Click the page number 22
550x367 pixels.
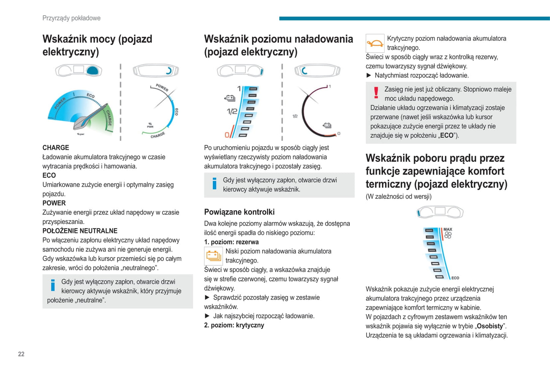(21, 354)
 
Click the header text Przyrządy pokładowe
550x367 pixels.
(72, 18)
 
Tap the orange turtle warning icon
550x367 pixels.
(375, 43)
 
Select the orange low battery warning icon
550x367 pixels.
(214, 256)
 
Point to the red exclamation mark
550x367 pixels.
(376, 93)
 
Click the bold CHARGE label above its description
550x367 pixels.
(56, 148)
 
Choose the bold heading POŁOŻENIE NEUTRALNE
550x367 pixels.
(80, 231)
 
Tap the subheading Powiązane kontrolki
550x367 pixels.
(239, 212)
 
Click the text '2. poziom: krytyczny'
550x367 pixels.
(234, 325)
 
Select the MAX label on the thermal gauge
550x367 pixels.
(448, 229)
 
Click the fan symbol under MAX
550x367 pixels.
(448, 235)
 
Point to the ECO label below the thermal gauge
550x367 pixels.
(455, 278)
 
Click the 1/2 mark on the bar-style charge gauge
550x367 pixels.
(232, 112)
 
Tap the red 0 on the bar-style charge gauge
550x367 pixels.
(227, 135)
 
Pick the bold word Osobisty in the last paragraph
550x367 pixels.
(490, 326)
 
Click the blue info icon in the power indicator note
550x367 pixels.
(53, 285)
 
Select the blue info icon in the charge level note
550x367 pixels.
(214, 183)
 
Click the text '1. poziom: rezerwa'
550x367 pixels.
(231, 242)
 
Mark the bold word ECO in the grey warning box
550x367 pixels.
(446, 136)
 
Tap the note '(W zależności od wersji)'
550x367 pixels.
(399, 196)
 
